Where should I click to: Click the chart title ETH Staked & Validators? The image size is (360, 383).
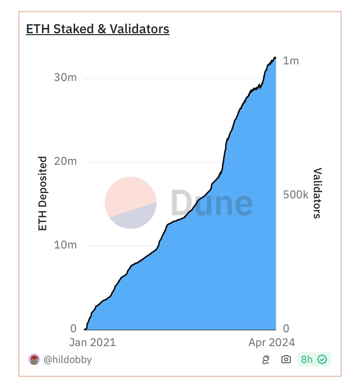coord(98,29)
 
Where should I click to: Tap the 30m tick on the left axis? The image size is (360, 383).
coord(66,77)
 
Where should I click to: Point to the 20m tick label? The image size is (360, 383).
coord(66,161)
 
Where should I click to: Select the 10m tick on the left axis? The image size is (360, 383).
coord(66,245)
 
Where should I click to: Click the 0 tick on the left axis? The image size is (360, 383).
coord(73,329)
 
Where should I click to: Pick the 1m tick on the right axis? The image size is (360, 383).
coord(291,61)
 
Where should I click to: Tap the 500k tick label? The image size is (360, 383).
coord(296,195)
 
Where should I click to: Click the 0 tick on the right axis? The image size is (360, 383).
coord(286,329)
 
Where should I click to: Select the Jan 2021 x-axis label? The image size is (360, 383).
coord(92,342)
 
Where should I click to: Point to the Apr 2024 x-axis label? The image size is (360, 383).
coord(272,342)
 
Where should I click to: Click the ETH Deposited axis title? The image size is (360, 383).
coord(43,194)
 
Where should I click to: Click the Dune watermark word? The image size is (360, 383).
coord(211,203)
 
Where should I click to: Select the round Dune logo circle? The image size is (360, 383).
coord(130,203)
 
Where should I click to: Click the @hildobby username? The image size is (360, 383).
coord(68,360)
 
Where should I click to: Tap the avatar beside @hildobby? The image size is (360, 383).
coord(34,360)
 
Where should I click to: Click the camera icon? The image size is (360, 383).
coord(286,360)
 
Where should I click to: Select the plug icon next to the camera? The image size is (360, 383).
coord(266,360)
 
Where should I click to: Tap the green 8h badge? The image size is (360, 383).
coord(314,360)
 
